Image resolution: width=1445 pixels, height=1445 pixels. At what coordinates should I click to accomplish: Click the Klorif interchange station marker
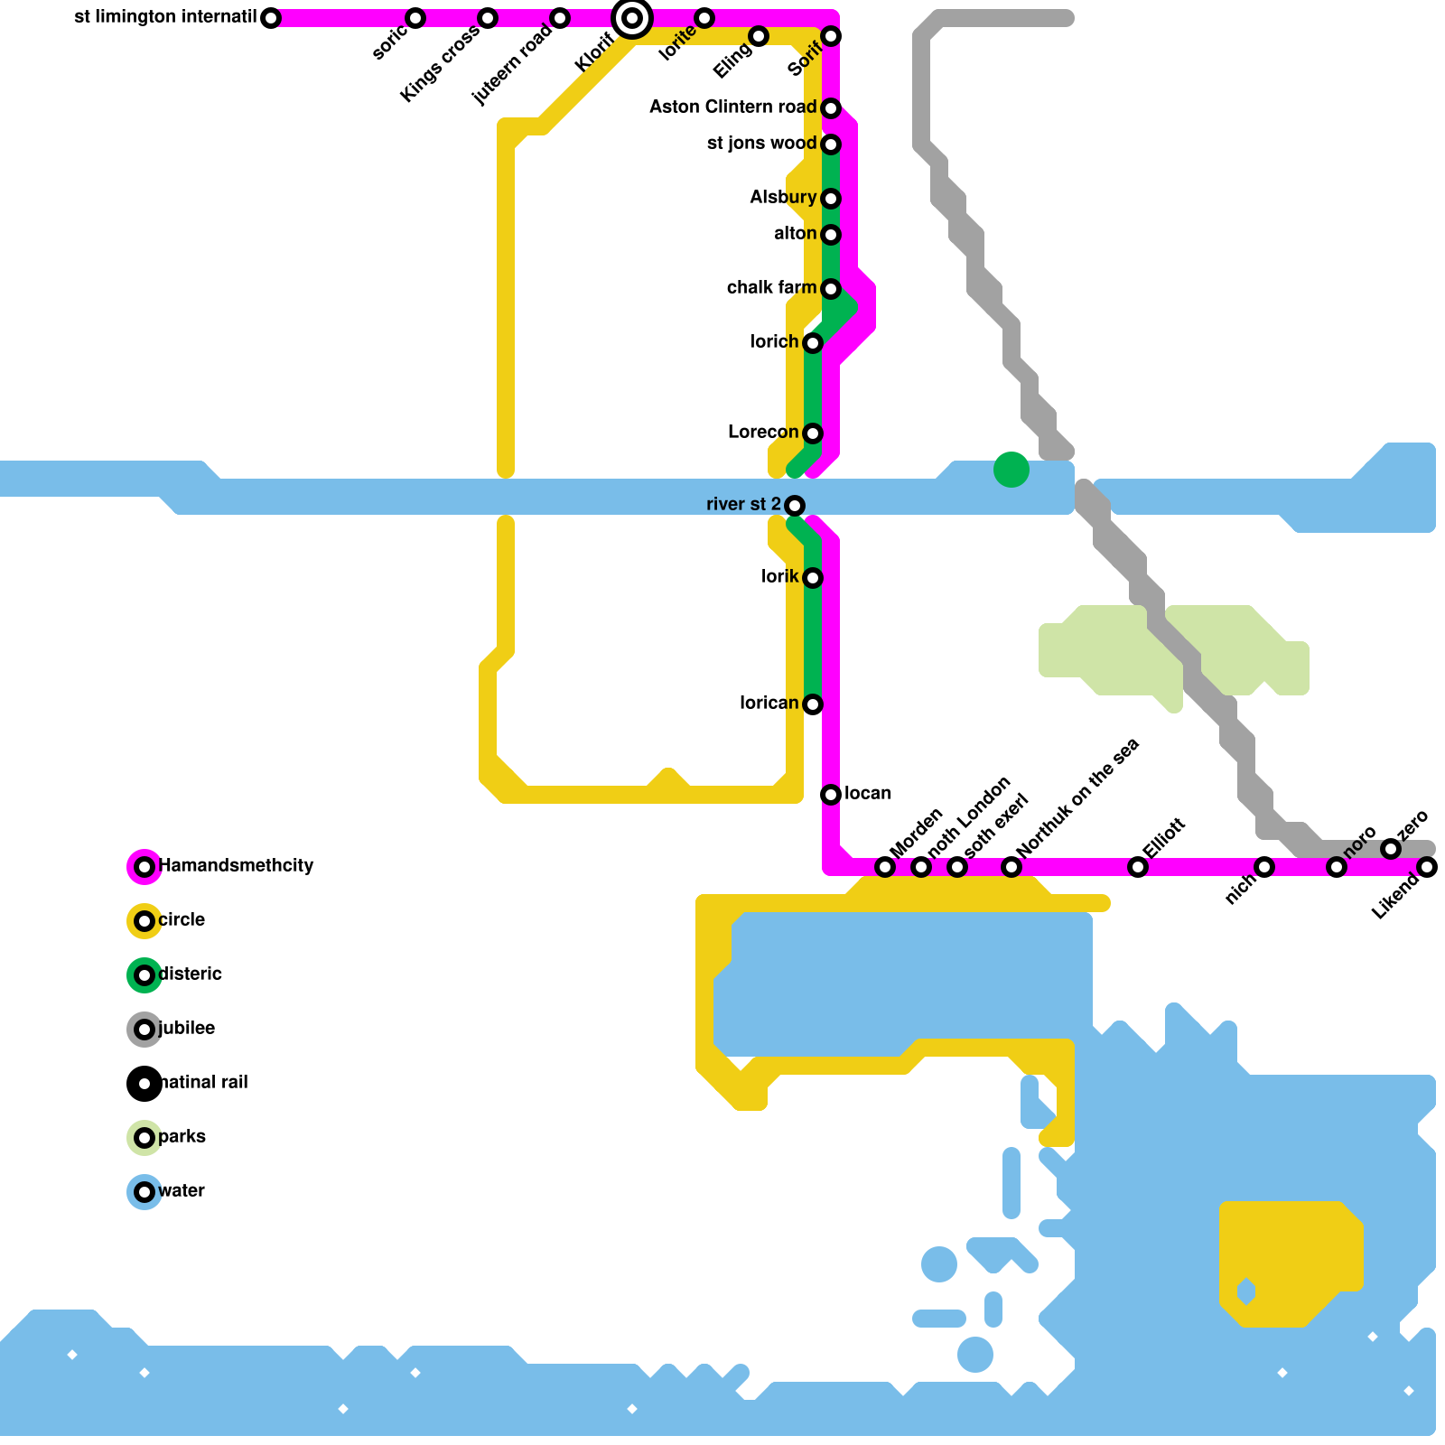point(632,18)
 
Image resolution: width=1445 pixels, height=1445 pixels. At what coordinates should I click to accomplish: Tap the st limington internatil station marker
point(271,18)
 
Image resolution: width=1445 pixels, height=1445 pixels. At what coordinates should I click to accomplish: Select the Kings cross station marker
point(488,18)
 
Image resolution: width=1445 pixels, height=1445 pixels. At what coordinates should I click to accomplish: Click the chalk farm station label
point(771,288)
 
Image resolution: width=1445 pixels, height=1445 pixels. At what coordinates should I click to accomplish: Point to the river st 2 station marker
point(795,506)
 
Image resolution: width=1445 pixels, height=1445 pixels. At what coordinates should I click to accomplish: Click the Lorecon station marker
point(813,433)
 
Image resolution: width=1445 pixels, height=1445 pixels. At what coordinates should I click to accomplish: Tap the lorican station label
point(769,704)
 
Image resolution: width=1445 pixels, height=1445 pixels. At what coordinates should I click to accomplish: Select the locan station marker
point(831,795)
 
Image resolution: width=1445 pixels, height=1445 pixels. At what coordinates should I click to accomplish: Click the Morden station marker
point(885,867)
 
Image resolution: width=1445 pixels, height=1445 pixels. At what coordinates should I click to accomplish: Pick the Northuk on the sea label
point(1077,798)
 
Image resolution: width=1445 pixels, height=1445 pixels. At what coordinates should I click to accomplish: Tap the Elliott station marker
point(1138,867)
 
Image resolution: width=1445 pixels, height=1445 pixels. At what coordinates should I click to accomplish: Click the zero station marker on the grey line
point(1391,849)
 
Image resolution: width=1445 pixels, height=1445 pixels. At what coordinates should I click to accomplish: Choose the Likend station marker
point(1427,867)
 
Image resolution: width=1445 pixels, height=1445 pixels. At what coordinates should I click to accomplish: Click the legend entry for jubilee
point(186,1029)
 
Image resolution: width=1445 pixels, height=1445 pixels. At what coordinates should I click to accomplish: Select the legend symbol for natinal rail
point(144,1084)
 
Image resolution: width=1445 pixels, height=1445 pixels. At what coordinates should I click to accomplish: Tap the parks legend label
point(182,1137)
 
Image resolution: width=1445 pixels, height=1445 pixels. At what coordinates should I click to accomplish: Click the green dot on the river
point(1011,470)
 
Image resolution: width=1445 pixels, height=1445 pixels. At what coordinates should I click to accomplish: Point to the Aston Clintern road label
point(732,107)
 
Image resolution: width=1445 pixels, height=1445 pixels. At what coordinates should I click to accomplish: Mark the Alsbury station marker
point(831,199)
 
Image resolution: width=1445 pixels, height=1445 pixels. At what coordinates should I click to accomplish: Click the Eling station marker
point(759,36)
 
